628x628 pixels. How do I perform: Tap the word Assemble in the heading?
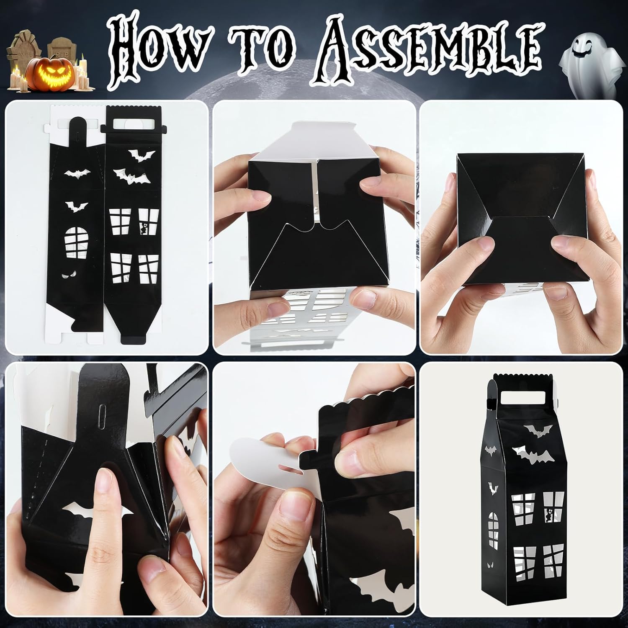click(423, 52)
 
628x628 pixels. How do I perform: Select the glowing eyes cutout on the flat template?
click(67, 275)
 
